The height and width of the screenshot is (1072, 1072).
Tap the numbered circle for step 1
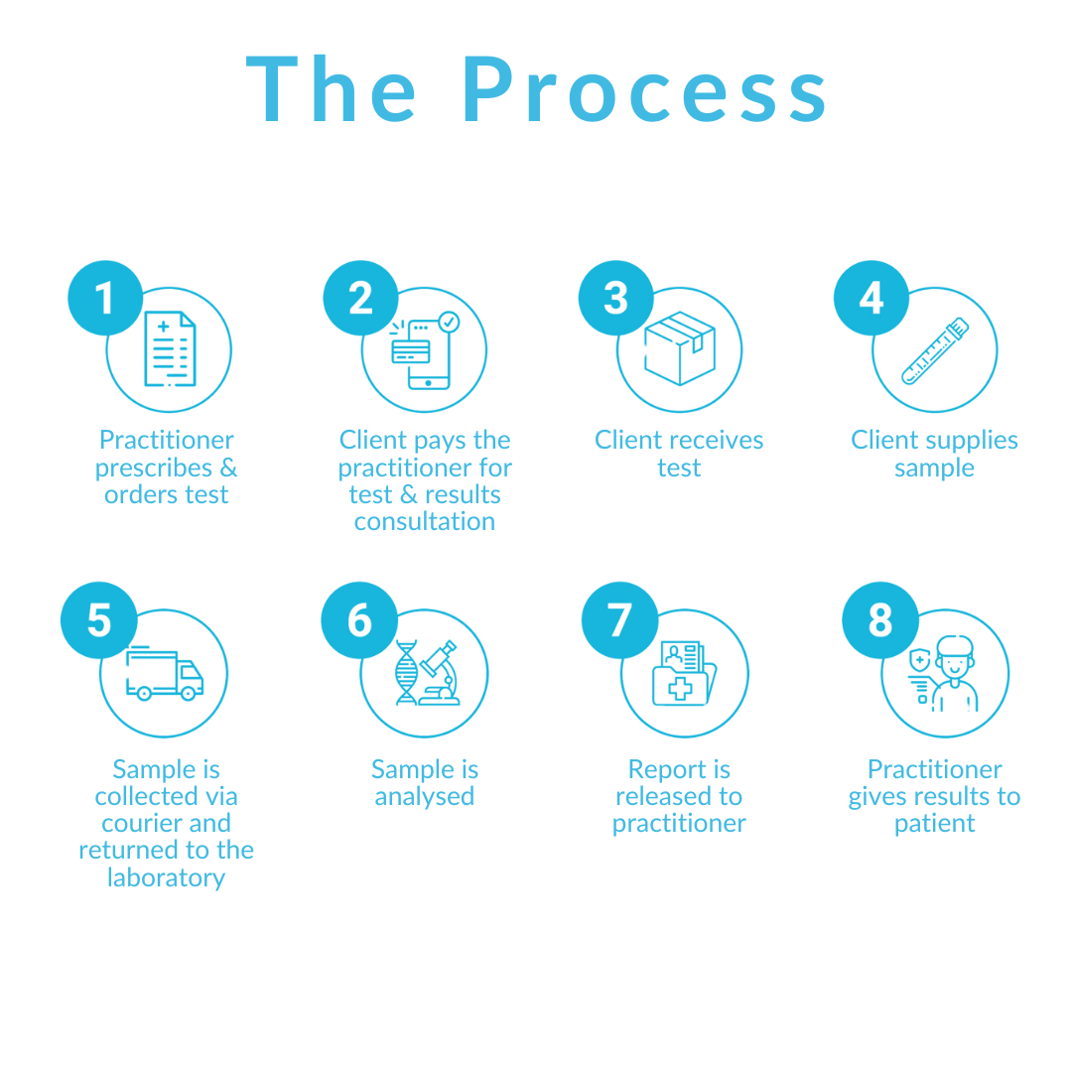click(x=104, y=297)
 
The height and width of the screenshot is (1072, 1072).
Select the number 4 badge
click(x=871, y=297)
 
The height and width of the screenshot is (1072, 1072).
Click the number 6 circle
click(x=359, y=620)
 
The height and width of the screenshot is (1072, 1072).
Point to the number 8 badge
click(x=879, y=620)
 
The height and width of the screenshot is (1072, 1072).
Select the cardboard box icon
click(x=680, y=347)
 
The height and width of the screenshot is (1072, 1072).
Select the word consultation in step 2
click(x=425, y=521)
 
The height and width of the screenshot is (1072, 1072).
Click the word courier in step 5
click(x=139, y=823)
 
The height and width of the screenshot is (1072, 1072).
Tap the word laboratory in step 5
click(x=167, y=877)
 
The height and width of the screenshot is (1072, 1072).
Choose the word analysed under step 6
click(x=425, y=796)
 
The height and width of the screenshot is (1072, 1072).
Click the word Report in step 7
click(x=664, y=769)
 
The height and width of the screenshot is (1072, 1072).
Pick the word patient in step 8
click(x=935, y=823)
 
